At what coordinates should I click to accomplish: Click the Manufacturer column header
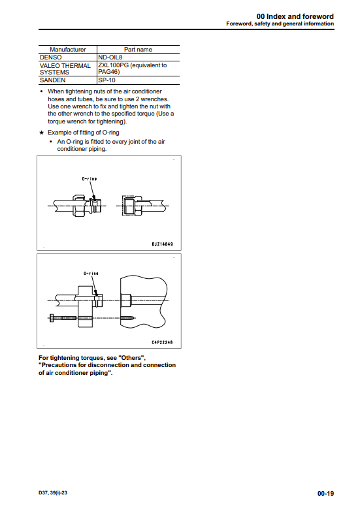point(67,50)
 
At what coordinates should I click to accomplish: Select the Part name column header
point(138,50)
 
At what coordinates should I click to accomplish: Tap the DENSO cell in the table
point(50,57)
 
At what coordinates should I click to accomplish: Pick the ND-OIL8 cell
point(110,57)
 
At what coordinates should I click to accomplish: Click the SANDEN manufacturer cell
point(52,80)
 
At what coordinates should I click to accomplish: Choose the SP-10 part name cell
point(106,80)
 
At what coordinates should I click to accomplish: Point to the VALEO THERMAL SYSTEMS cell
point(65,69)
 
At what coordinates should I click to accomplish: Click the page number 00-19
point(325,493)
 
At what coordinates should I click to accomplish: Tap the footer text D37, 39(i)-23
point(53,492)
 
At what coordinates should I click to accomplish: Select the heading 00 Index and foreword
point(295,16)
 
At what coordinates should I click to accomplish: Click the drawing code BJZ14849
point(162,244)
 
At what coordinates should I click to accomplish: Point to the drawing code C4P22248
point(162,342)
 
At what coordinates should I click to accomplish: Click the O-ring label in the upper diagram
point(89,179)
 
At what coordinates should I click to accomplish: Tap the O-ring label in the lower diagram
point(91,274)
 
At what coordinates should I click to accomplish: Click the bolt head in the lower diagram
point(52,318)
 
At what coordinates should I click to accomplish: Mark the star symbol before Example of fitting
point(41,133)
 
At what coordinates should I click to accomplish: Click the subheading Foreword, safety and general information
point(280,24)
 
